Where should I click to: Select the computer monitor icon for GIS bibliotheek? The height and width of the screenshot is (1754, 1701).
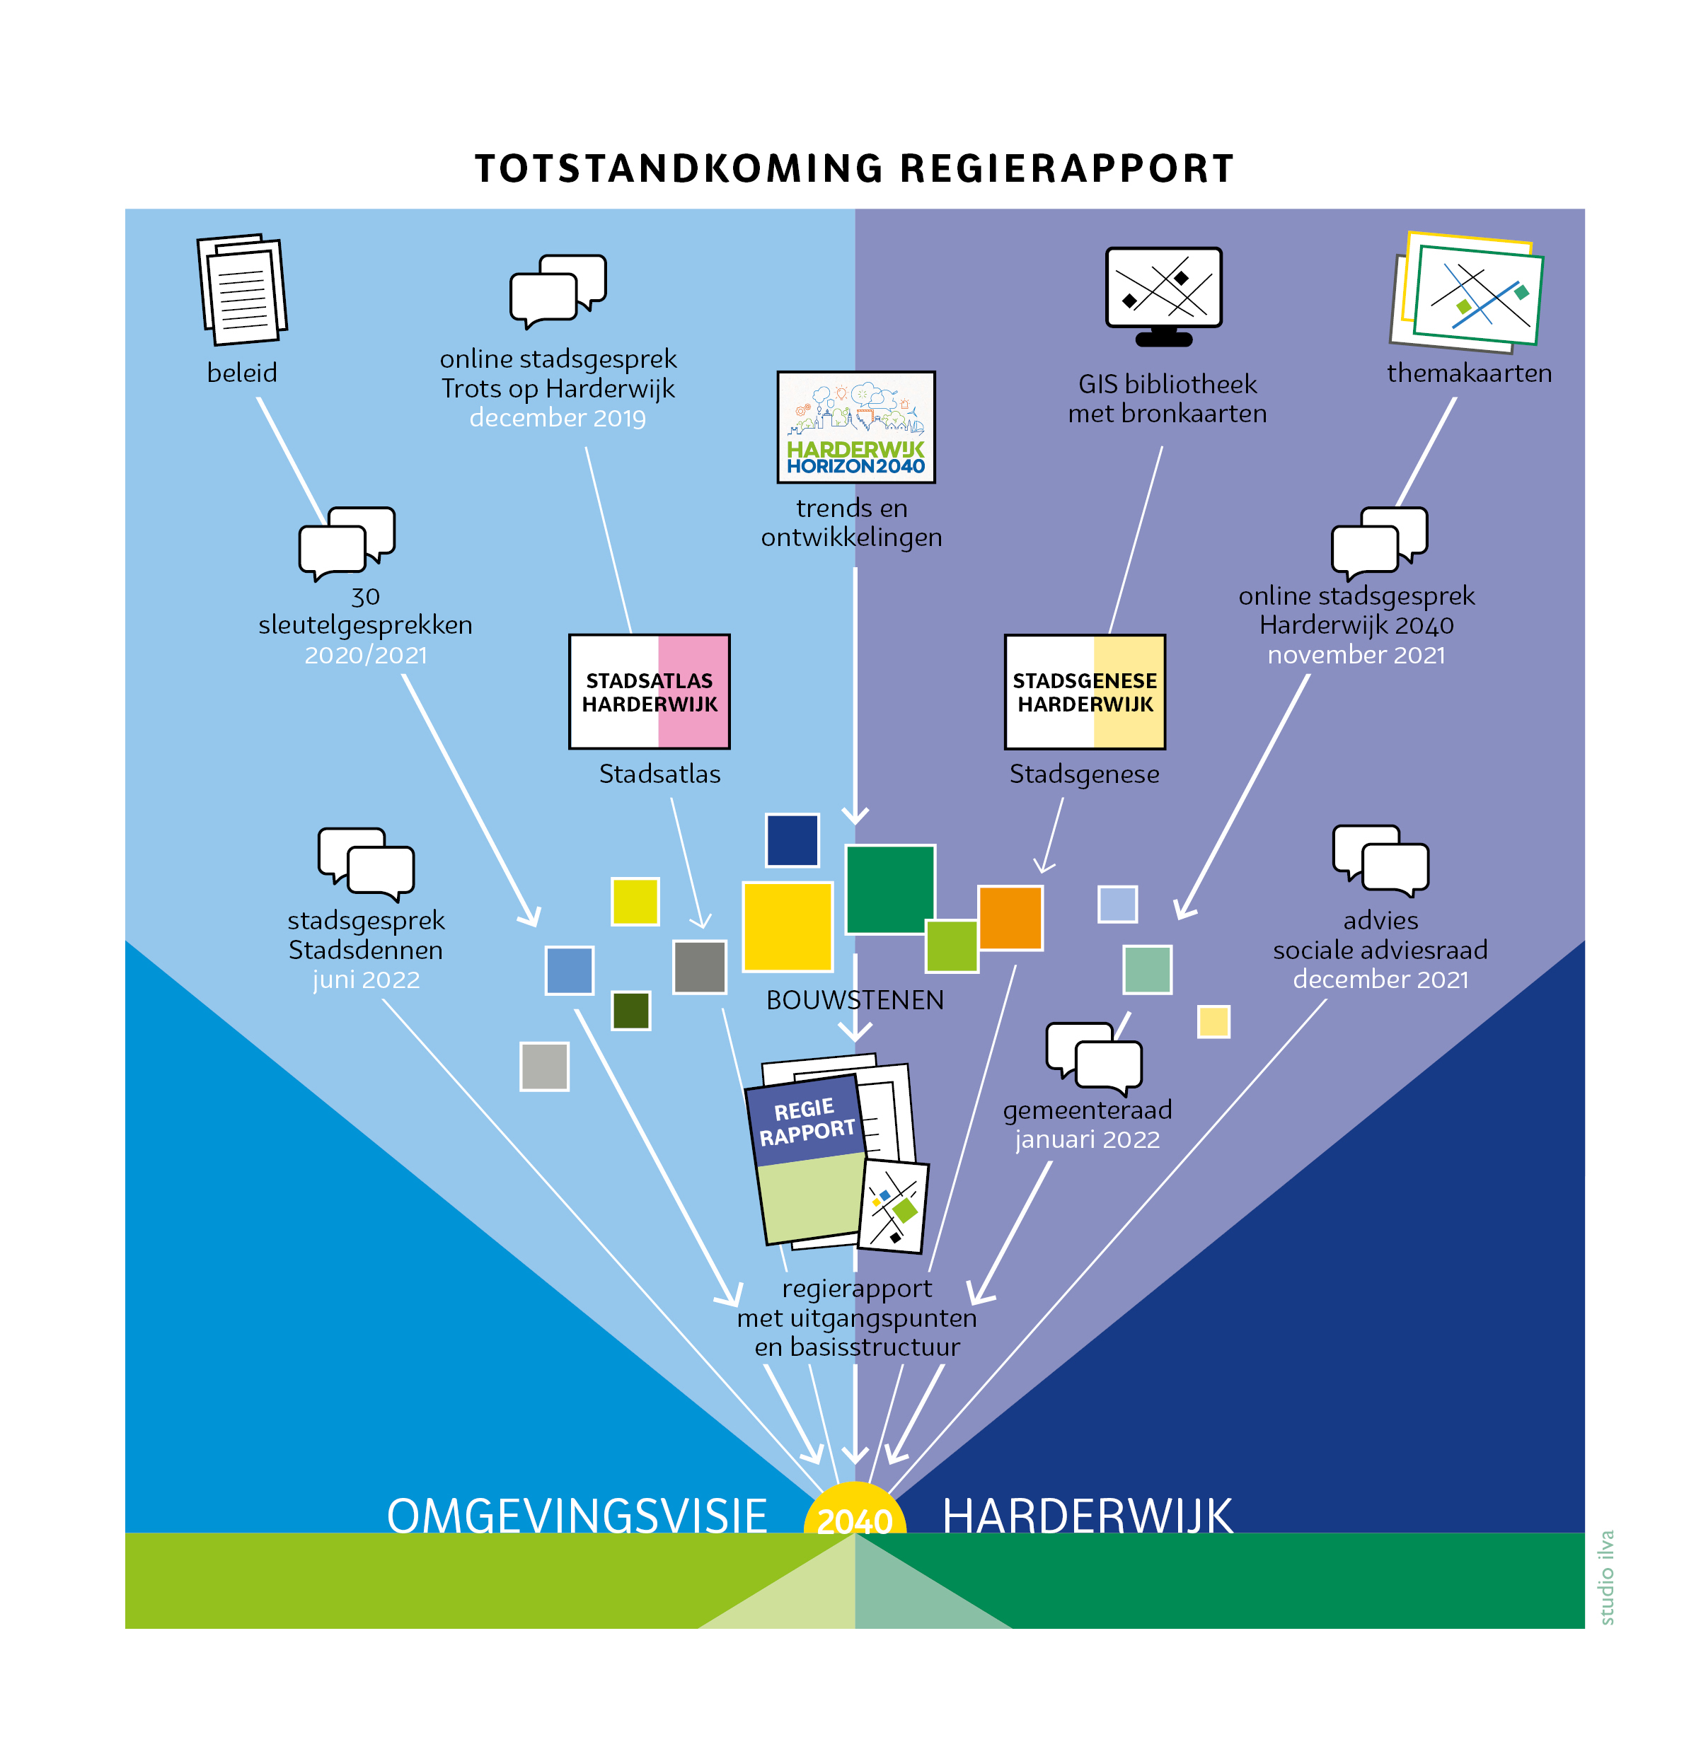[x=1163, y=296]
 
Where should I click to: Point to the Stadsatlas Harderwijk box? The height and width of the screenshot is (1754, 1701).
[x=649, y=691]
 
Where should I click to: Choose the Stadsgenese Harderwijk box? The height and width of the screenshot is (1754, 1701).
[x=1084, y=691]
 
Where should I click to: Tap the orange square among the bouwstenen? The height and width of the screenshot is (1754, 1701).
[x=1010, y=917]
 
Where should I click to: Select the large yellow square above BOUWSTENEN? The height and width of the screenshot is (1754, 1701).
[x=787, y=927]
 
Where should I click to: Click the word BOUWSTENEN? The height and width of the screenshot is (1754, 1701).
[x=854, y=999]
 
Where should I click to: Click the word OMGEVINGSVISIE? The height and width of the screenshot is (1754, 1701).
[x=577, y=1516]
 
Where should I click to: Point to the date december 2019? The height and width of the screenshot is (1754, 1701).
[x=557, y=418]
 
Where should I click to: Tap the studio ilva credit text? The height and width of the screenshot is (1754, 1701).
[x=1606, y=1576]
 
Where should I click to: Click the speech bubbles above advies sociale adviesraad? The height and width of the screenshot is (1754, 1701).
[x=1380, y=860]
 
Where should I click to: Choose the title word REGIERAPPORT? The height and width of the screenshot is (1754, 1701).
[x=1066, y=168]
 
